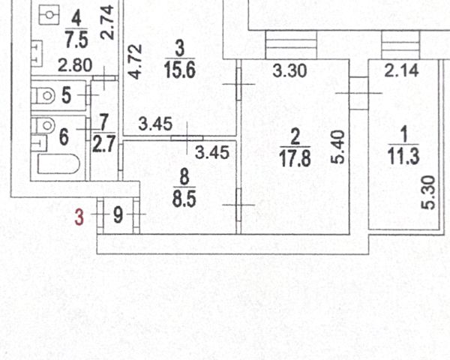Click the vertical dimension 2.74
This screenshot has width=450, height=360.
coord(109,22)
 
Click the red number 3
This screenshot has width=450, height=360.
coord(79,217)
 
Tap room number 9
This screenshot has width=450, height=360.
coord(118,216)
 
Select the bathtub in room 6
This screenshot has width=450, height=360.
coord(59,163)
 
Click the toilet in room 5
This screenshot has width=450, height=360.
coord(44,96)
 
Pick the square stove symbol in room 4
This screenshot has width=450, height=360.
coord(51,14)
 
